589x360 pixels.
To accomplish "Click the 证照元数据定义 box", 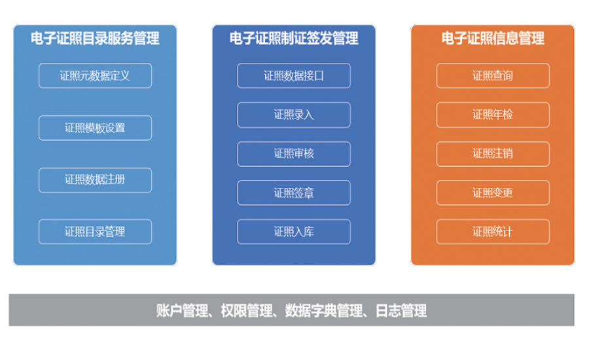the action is pos(96,75).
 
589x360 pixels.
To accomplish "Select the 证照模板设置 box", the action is pos(96,128).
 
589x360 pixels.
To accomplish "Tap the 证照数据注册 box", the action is pos(96,180).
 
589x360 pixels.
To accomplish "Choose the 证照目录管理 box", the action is pos(96,232).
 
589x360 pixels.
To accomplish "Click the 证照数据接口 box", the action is pos(294,75).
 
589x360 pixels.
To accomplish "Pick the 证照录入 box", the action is pos(294,115).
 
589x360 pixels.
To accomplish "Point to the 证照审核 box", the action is pos(294,154).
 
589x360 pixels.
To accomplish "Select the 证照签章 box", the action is pos(294,193).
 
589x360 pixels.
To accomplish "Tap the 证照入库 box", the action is pos(294,232).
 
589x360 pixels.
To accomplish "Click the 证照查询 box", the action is pos(493,75).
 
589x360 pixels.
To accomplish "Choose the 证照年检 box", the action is pos(493,115).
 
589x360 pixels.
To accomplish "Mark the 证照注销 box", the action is pos(493,154).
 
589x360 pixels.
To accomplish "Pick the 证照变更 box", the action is pos(493,193).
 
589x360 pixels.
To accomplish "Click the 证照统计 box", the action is pos(493,232).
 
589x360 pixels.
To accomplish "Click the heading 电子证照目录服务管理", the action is pos(95,39).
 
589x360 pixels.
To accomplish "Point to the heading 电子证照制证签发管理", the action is pos(294,39).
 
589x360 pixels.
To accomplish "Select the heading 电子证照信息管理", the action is pos(493,39).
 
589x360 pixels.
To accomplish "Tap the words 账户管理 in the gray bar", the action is pos(182,311).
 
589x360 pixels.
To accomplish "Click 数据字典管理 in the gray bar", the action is pos(324,311).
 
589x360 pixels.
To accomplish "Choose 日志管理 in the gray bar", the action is pos(401,311).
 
